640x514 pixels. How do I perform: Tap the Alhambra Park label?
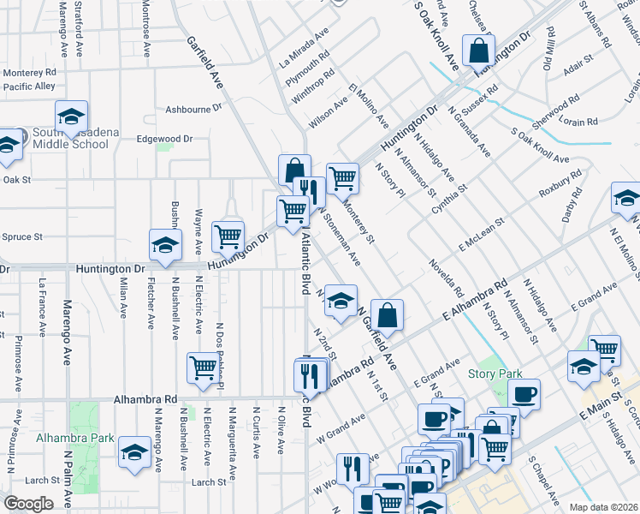pyautogui.click(x=62, y=438)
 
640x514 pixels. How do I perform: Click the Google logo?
pyautogui.click(x=27, y=504)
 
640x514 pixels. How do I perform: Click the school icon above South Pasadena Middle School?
pyautogui.click(x=72, y=116)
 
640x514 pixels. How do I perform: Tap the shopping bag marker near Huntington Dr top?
pyautogui.click(x=479, y=49)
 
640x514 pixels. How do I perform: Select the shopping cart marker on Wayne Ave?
pyautogui.click(x=228, y=236)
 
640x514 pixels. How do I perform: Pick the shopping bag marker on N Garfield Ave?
pyautogui.click(x=388, y=314)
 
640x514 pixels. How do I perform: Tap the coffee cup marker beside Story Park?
pyautogui.click(x=524, y=393)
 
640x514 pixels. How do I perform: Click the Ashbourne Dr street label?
pyautogui.click(x=193, y=109)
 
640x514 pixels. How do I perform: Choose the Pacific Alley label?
pyautogui.click(x=29, y=87)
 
